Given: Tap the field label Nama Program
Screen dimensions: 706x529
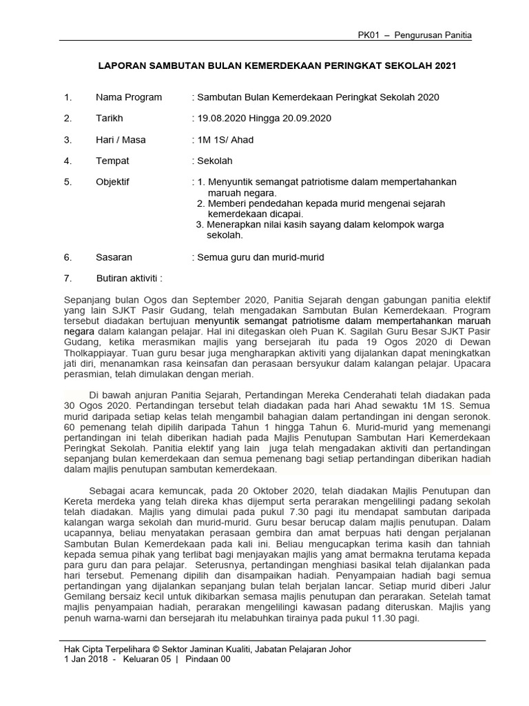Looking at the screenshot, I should pyautogui.click(x=129, y=97).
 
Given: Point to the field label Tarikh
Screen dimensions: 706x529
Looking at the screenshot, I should pyautogui.click(x=109, y=119).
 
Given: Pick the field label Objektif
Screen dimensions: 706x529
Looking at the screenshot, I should pyautogui.click(x=112, y=182).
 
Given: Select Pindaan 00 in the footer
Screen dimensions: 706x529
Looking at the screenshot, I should pyautogui.click(x=209, y=659).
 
